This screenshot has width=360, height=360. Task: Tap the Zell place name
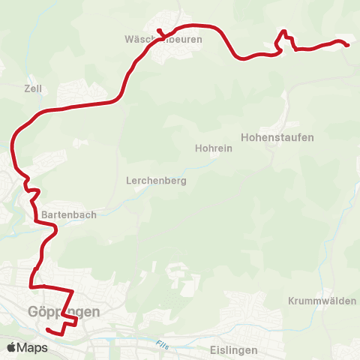pyautogui.click(x=33, y=88)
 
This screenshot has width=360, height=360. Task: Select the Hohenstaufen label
pyautogui.click(x=277, y=137)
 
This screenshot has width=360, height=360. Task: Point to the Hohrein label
pyautogui.click(x=214, y=148)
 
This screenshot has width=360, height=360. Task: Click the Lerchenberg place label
pyautogui.click(x=157, y=181)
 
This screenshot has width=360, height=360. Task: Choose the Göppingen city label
pyautogui.click(x=64, y=311)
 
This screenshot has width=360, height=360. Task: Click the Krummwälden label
pyautogui.click(x=322, y=301)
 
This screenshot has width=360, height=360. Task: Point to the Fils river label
pyautogui.click(x=163, y=345)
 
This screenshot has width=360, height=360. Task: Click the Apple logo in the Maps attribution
pyautogui.click(x=11, y=347)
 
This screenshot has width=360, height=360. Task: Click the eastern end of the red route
pyautogui.click(x=349, y=46)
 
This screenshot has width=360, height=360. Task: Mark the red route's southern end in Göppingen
pyautogui.click(x=47, y=330)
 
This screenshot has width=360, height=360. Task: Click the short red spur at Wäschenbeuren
pyautogui.click(x=160, y=31)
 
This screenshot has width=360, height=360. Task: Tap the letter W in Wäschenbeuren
pyautogui.click(x=129, y=40)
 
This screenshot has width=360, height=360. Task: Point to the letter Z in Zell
pyautogui.click(x=27, y=88)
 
